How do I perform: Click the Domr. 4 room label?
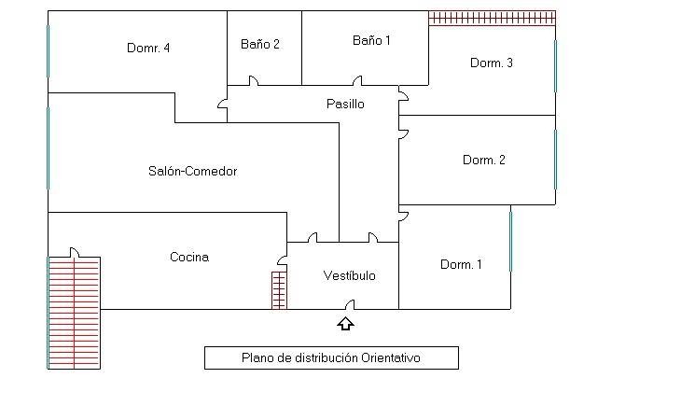(x=147, y=48)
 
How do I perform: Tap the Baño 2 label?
(x=259, y=43)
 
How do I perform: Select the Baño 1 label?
(x=371, y=40)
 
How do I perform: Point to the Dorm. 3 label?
(x=491, y=63)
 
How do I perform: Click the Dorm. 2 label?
(x=483, y=160)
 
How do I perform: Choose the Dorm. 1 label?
(x=461, y=264)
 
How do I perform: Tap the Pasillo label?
(x=345, y=104)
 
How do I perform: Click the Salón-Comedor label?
(x=192, y=171)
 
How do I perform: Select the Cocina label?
(x=188, y=257)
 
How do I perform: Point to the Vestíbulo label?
(x=349, y=275)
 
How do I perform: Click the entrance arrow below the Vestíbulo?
(x=346, y=324)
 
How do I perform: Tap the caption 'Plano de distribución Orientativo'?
(x=331, y=357)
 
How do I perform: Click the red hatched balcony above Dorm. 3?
(x=492, y=18)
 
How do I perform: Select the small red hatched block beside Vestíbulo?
(x=279, y=289)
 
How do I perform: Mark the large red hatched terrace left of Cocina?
(x=74, y=313)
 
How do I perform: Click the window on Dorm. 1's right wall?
(x=511, y=240)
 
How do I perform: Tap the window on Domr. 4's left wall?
(x=48, y=50)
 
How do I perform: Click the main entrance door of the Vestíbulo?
(x=349, y=305)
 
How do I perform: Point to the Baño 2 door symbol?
(x=253, y=82)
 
